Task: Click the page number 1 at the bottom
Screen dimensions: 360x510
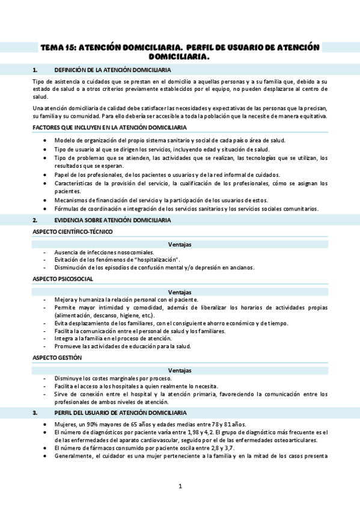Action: click(x=180, y=486)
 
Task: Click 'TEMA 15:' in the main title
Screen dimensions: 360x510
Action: click(x=58, y=47)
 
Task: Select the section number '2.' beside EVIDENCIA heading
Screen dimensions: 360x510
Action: click(x=35, y=220)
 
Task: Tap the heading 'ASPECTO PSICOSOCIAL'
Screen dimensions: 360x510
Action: click(x=63, y=279)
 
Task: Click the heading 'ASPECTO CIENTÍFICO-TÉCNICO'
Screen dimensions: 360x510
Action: click(x=72, y=232)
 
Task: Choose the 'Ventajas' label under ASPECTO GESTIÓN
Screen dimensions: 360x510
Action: click(x=180, y=370)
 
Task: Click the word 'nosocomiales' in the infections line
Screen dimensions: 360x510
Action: click(x=136, y=252)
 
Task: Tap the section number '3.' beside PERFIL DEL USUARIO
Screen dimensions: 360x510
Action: click(x=35, y=413)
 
